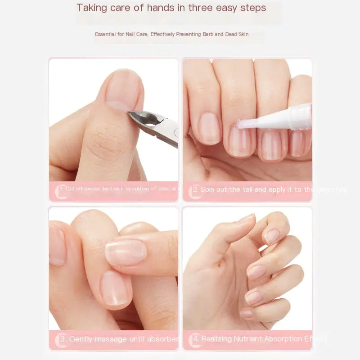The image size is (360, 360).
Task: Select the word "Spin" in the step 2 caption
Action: [208, 189]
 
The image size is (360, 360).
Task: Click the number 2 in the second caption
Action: [195, 189]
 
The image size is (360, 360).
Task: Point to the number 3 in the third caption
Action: [63, 339]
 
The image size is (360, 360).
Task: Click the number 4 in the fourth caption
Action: [196, 339]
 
